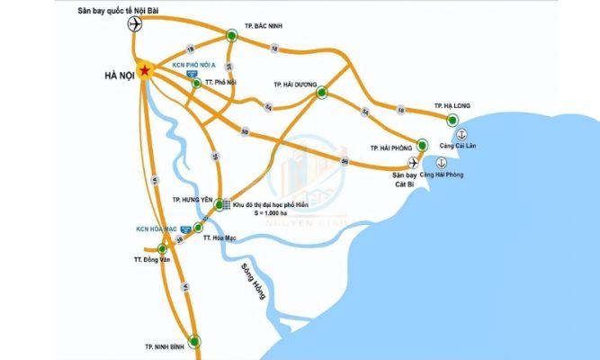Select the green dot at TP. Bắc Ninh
(231, 35)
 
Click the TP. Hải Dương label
(296, 84)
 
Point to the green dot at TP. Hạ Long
(454, 119)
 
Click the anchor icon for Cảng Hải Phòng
(442, 162)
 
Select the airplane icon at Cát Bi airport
(413, 162)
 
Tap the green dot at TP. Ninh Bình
(195, 340)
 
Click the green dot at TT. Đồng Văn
(163, 248)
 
